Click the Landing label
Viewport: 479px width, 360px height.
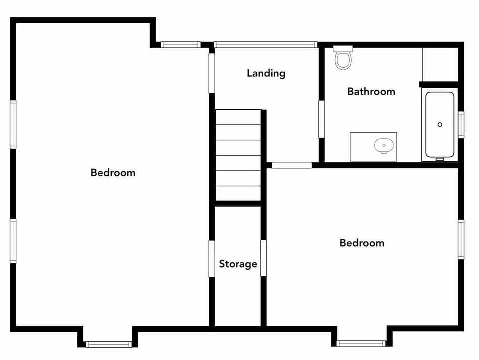tap(266, 73)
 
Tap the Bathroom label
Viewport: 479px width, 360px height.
tap(371, 91)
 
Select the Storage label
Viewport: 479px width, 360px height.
tap(238, 264)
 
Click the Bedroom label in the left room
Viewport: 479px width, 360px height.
tap(113, 173)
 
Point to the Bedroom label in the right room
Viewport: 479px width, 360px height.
tap(362, 243)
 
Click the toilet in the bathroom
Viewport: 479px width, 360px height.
tap(343, 58)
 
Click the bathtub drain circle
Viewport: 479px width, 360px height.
tap(440, 124)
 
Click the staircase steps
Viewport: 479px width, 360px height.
tap(238, 155)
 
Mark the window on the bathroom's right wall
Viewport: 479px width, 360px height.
tap(461, 125)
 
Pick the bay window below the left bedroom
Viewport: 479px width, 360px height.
tap(108, 344)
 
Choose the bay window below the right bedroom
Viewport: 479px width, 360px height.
tap(361, 343)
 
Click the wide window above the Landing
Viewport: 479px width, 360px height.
tap(265, 45)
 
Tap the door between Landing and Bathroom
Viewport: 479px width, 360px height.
tap(322, 119)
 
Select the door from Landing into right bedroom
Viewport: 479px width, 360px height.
tap(292, 165)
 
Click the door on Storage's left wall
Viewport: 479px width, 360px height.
tap(212, 258)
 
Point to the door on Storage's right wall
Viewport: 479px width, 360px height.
tap(263, 258)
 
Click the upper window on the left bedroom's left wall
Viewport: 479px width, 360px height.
tap(13, 124)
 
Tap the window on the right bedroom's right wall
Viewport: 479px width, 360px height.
tap(461, 239)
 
